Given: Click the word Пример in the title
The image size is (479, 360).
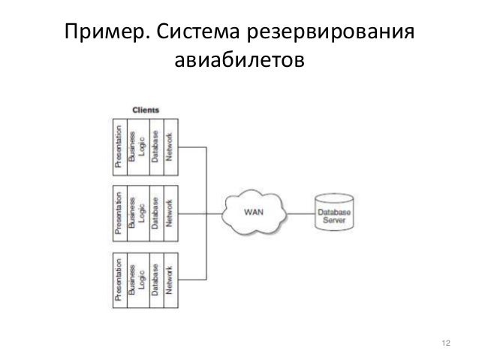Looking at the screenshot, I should click(101, 34).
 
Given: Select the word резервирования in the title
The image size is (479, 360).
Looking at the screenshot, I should click(334, 34).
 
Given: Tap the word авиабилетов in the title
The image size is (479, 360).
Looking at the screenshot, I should click(239, 59).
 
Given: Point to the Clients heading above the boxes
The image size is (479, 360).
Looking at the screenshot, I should click(145, 110).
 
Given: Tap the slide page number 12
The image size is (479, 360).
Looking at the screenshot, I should click(447, 343).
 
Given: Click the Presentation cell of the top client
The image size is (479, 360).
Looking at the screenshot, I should click(119, 145).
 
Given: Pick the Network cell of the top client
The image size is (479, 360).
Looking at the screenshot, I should click(171, 145).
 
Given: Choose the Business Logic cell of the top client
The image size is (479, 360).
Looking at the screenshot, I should click(137, 145).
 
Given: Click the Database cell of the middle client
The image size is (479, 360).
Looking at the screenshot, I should click(154, 212).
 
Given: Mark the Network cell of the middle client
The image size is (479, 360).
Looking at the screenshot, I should click(171, 212).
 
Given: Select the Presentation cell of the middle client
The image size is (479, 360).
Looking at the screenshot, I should click(119, 212).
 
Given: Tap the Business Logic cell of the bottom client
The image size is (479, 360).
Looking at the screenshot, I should click(137, 280).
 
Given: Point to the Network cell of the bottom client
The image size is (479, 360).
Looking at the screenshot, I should click(171, 280).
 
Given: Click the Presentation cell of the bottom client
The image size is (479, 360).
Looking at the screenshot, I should click(119, 280).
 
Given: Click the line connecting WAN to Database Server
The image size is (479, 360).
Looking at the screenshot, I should click(301, 212).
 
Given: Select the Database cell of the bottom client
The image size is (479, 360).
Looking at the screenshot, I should click(154, 280).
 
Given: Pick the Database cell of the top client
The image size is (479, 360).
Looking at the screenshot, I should click(154, 145).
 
